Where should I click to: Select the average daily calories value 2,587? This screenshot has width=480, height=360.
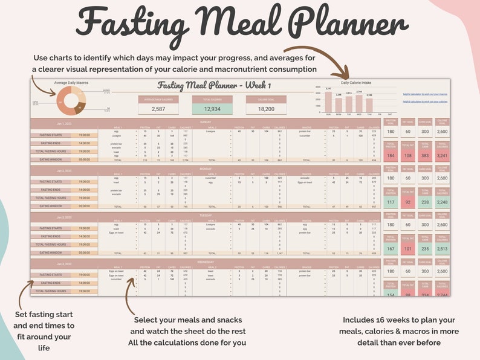click(158, 108)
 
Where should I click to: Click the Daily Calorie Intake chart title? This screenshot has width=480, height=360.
click(357, 83)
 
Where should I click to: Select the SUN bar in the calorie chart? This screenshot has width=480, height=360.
click(328, 102)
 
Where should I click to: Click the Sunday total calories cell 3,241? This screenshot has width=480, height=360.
click(443, 155)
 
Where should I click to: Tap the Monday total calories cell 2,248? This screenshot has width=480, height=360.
click(443, 202)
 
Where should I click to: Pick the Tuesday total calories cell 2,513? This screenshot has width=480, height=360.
click(443, 248)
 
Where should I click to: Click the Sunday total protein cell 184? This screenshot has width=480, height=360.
click(391, 155)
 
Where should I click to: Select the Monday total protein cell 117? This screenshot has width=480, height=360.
click(391, 202)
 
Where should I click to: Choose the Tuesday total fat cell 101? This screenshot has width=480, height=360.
click(408, 248)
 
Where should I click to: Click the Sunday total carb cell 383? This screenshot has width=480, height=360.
click(425, 155)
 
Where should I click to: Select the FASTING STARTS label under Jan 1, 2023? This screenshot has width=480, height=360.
click(51, 135)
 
